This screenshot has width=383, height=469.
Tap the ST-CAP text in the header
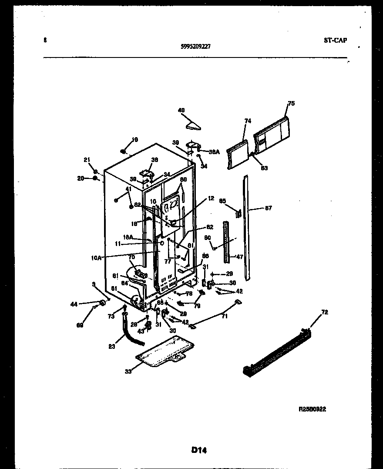(335, 40)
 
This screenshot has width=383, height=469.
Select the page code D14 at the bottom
(198, 450)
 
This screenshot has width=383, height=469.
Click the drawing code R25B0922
(312, 409)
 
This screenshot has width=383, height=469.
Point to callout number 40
(181, 110)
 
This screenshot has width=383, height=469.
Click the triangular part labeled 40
(193, 126)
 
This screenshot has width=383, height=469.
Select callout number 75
(291, 104)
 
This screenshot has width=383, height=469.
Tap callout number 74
(248, 121)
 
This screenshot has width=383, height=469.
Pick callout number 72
(325, 312)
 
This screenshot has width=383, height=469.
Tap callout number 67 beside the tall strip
(268, 208)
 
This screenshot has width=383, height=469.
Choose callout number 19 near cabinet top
(135, 140)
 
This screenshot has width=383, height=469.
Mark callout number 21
(86, 160)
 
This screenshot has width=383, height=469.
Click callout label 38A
(215, 152)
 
